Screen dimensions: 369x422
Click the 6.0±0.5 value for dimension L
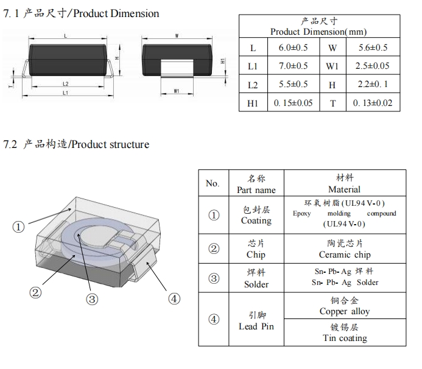pos(293,48)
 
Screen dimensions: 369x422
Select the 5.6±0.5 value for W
pos(370,48)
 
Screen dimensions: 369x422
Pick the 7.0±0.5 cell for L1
pos(293,66)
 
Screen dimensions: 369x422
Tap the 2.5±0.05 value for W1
pos(371,66)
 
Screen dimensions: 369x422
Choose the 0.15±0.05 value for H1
pos(293,103)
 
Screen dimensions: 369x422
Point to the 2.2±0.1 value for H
pos(371,85)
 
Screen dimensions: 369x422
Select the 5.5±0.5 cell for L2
pos(293,85)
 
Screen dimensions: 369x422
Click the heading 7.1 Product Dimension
pos(82,13)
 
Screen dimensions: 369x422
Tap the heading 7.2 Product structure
pos(76,144)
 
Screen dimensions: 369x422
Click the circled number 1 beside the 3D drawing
pos(19,227)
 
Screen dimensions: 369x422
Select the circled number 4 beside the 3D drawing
pos(174,298)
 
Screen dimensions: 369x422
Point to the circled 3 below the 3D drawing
pos(92,299)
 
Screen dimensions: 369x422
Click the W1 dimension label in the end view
pos(176,91)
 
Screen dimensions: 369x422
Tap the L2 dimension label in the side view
pos(65,83)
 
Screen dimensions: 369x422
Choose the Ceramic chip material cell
pos(344,255)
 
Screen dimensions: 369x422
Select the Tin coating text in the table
pos(345,338)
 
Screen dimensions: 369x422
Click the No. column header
pos(213,183)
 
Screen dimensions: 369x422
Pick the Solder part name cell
pos(256,284)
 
